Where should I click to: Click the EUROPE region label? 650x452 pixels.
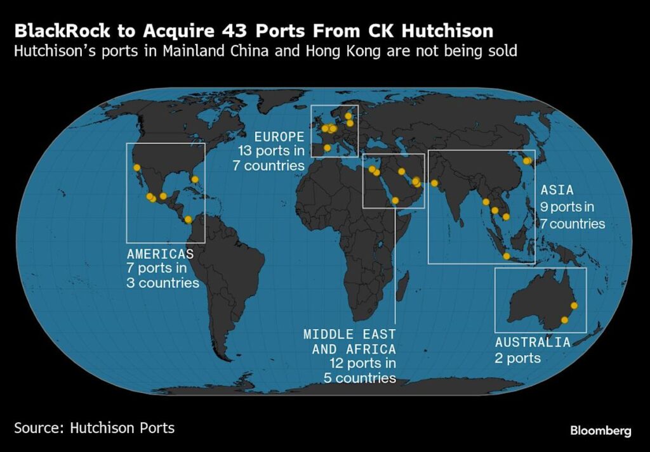279,137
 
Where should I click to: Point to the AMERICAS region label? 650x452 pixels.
160,254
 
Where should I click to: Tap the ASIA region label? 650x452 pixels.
557,190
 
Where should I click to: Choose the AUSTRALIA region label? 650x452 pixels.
533,342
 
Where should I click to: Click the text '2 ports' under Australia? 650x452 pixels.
518,358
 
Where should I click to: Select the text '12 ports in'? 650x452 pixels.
362,364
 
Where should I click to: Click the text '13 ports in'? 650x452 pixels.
272,152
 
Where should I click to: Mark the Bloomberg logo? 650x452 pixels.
600,431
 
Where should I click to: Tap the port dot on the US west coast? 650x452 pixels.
136,167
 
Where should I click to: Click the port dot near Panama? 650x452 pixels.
189,220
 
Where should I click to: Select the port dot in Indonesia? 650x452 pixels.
506,256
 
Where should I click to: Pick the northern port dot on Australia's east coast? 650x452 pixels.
573,306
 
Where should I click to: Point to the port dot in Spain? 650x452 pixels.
328,148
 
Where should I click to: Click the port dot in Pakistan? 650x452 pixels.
434,183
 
